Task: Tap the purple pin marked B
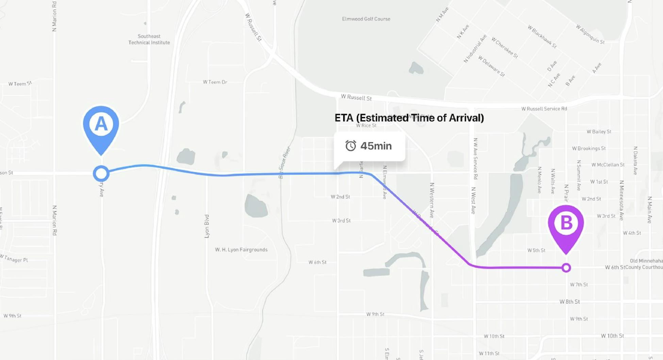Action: pyautogui.click(x=566, y=224)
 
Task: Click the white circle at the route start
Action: pyautogui.click(x=101, y=174)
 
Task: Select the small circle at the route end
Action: pyautogui.click(x=566, y=268)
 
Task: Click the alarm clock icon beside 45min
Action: pyautogui.click(x=350, y=146)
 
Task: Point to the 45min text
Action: pyautogui.click(x=376, y=146)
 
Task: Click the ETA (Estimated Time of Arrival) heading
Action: pyautogui.click(x=409, y=118)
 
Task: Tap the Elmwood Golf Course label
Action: pyautogui.click(x=366, y=19)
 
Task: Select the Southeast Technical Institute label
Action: pyautogui.click(x=149, y=39)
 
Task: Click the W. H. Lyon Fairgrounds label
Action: pyautogui.click(x=241, y=250)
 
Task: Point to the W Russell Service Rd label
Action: pyautogui.click(x=544, y=109)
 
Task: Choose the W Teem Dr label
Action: pyautogui.click(x=215, y=82)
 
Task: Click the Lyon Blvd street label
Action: pyautogui.click(x=206, y=226)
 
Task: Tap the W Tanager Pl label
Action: pyautogui.click(x=14, y=259)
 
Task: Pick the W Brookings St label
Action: pyautogui.click(x=589, y=148)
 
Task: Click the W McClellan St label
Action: pyautogui.click(x=608, y=165)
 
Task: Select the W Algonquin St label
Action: pyautogui.click(x=590, y=34)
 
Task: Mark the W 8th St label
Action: pyautogui.click(x=569, y=302)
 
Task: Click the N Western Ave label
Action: pyautogui.click(x=432, y=200)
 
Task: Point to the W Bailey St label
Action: pyautogui.click(x=599, y=132)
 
